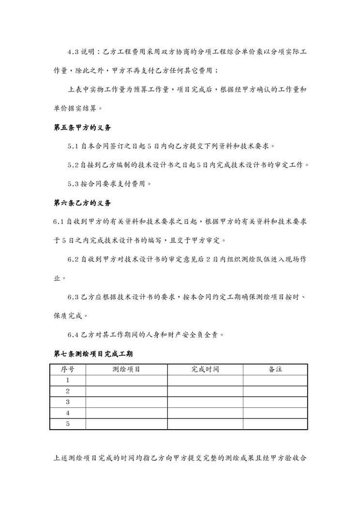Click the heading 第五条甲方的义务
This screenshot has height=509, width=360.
(82, 128)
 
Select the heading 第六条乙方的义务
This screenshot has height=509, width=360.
(82, 203)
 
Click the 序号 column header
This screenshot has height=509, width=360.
(68, 369)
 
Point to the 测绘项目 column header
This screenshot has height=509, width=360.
(126, 369)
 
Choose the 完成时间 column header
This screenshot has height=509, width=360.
(205, 369)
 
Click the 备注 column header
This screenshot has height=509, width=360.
(275, 369)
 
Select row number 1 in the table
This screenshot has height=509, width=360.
(68, 380)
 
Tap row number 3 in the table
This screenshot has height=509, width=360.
(68, 402)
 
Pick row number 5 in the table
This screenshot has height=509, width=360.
(68, 424)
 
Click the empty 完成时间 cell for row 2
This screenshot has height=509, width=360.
(205, 391)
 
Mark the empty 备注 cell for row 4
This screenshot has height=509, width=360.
(275, 413)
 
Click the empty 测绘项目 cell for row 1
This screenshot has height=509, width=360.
(126, 380)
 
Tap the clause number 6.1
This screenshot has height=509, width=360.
(58, 222)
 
